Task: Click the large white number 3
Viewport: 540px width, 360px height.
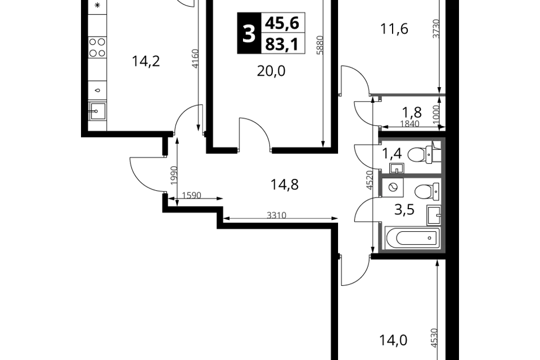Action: tap(249, 34)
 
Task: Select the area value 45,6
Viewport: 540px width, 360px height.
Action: tap(283, 23)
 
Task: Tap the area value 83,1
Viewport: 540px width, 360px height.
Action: tap(282, 44)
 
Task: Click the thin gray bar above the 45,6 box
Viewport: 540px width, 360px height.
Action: tap(283, 11)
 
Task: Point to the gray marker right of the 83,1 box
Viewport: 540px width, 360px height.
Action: tap(319, 44)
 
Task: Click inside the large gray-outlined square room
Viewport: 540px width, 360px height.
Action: tap(413, 214)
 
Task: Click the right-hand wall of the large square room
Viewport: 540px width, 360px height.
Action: tap(443, 214)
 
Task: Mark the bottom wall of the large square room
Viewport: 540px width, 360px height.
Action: tap(413, 249)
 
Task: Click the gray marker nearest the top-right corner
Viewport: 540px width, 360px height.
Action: tap(436, 29)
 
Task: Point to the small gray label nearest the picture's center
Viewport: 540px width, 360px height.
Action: tap(276, 215)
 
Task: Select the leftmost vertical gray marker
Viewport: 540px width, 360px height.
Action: tap(173, 175)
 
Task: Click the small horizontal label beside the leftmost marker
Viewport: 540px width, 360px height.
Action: tap(191, 195)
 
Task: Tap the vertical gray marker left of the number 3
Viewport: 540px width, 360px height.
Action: tap(195, 58)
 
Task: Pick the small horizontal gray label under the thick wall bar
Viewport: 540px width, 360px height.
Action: tap(411, 121)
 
